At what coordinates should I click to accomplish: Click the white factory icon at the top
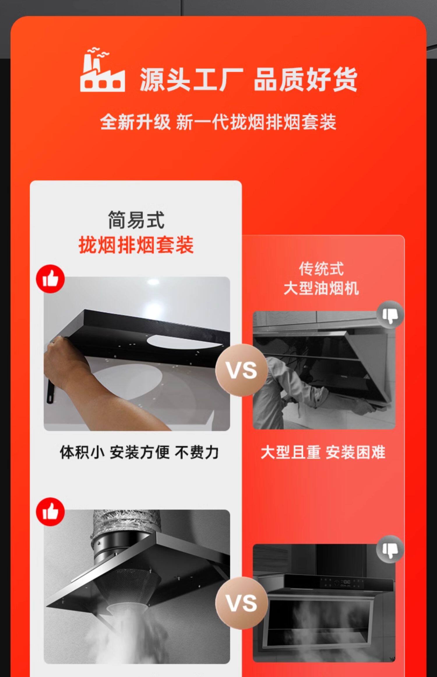click(102, 70)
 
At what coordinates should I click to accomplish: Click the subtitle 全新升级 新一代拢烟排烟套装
click(218, 122)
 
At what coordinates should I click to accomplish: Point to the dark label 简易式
click(136, 220)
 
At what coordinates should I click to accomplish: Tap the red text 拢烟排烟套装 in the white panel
click(136, 245)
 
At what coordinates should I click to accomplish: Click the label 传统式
click(321, 269)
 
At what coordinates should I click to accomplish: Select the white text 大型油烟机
click(321, 289)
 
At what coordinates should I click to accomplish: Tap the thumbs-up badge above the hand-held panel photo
click(50, 279)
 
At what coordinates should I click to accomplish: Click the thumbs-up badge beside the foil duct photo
click(50, 512)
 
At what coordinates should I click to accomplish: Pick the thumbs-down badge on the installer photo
click(390, 315)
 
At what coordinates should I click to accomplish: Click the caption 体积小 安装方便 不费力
click(139, 452)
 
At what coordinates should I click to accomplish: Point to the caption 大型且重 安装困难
click(323, 452)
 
